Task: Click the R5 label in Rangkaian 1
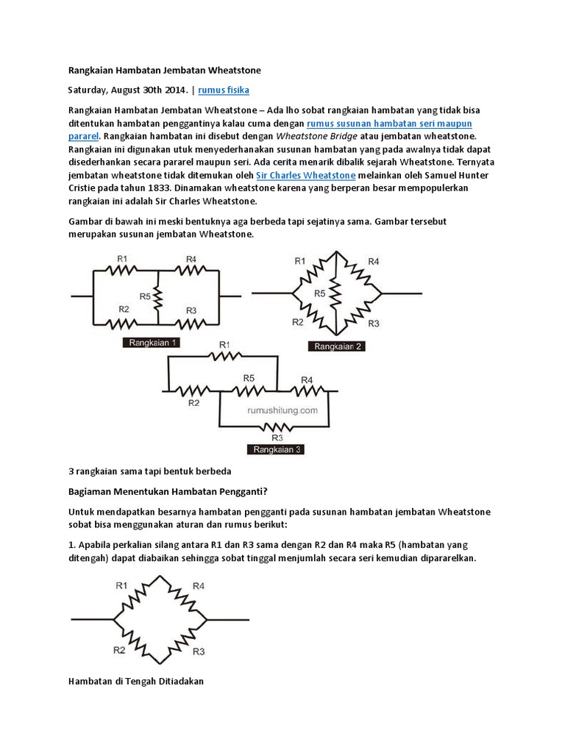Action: pyautogui.click(x=146, y=297)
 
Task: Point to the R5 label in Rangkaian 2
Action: pyautogui.click(x=320, y=293)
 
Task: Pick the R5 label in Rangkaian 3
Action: pyautogui.click(x=248, y=378)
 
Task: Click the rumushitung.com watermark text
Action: pyautogui.click(x=276, y=411)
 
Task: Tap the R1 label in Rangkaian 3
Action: pyautogui.click(x=224, y=344)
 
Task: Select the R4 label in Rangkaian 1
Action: pyautogui.click(x=191, y=259)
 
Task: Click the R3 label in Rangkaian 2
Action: pyautogui.click(x=373, y=324)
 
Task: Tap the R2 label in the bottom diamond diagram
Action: pyautogui.click(x=118, y=649)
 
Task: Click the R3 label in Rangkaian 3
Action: pyautogui.click(x=277, y=436)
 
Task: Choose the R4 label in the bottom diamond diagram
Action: pyautogui.click(x=199, y=585)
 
